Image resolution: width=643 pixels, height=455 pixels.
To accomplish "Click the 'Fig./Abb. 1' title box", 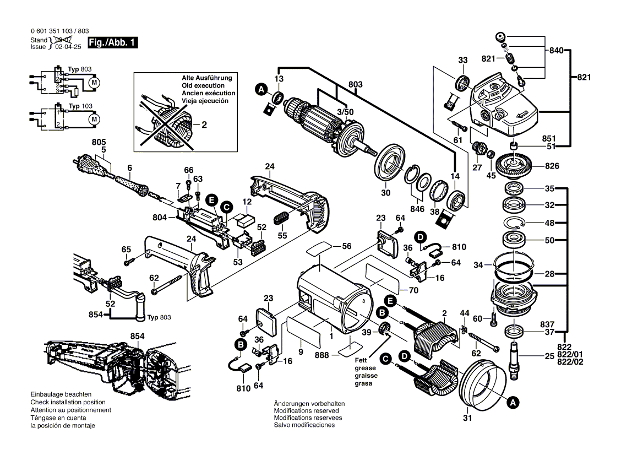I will point(112,43).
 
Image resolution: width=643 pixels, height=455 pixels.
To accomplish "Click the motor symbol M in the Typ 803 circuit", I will point(94,82).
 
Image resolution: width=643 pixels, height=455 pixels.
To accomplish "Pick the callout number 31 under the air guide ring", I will point(468,418).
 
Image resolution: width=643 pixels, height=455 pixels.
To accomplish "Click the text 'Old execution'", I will point(203,86).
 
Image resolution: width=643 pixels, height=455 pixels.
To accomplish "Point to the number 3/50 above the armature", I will point(346,111).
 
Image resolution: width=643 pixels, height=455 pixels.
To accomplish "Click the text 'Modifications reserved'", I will point(306,411).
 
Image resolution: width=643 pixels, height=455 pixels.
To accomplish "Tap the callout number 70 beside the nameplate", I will point(413,290).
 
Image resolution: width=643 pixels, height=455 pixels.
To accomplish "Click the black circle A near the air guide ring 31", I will point(513,403).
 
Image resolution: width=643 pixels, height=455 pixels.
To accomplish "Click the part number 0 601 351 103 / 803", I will point(61,31).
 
